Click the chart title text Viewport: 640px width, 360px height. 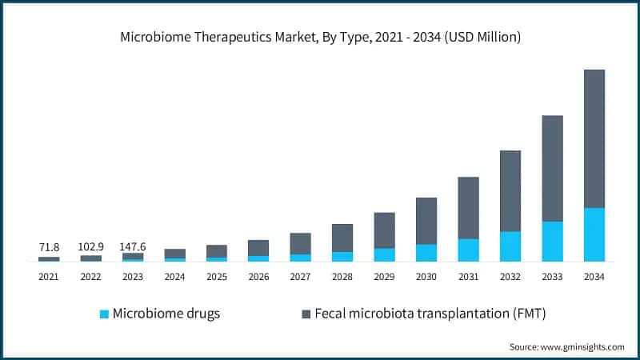pos(320,37)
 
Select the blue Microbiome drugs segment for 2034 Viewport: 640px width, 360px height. pos(594,234)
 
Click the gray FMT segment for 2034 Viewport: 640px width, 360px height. pos(594,138)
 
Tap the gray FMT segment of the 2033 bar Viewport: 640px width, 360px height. pos(552,168)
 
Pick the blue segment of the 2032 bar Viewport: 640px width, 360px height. pos(510,246)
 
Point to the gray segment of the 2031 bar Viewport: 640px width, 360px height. pos(468,208)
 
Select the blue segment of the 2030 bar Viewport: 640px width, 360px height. pos(426,253)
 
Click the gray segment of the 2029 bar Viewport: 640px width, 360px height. pos(385,230)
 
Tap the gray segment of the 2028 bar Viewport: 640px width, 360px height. pos(342,238)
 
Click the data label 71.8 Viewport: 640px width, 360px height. pos(49,247)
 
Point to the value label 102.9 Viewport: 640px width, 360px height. pos(91,247)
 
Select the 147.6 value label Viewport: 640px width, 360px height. pos(133,247)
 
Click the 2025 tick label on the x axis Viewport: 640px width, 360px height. pos(217,277)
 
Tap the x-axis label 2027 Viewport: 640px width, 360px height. pos(300,277)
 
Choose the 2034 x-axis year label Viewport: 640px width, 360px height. pos(594,277)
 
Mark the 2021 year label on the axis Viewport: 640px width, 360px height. pos(49,277)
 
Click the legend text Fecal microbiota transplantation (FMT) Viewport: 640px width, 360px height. pos(430,314)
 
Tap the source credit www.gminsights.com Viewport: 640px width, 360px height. pos(566,346)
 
